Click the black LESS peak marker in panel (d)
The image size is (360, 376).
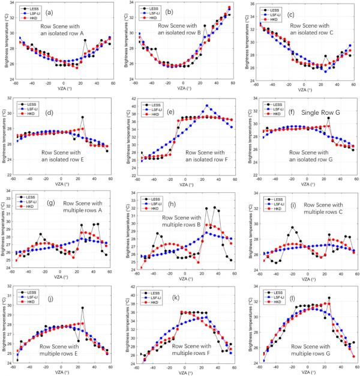pos(82,117)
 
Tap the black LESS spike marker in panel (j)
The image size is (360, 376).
pos(82,308)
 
